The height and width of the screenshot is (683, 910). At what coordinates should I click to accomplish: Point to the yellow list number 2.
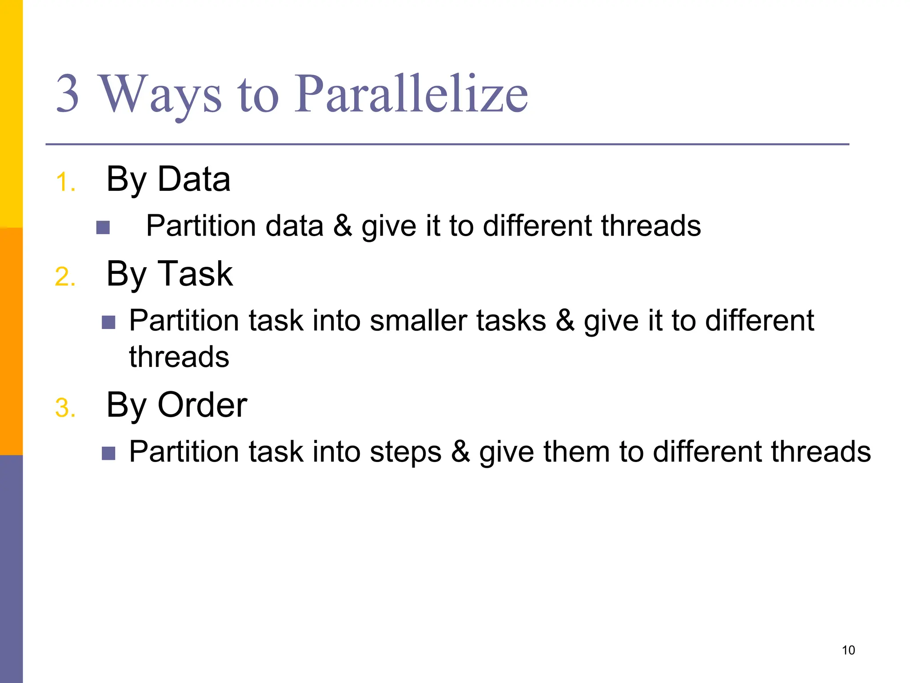point(65,277)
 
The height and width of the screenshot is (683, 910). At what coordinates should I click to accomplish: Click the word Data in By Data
point(194,179)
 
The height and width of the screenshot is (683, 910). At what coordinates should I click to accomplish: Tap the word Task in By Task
point(195,274)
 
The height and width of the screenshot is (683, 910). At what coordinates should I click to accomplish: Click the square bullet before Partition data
point(103,228)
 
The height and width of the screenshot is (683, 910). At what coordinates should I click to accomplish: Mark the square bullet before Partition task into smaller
point(108,322)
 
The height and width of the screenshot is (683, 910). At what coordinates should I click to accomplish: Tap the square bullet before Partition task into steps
point(108,453)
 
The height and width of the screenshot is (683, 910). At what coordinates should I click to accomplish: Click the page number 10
point(848,650)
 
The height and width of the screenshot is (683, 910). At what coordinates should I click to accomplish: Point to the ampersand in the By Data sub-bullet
point(342,226)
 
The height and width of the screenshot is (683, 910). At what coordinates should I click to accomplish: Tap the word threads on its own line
point(179,357)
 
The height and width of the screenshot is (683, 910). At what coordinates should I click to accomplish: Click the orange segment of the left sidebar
point(11,341)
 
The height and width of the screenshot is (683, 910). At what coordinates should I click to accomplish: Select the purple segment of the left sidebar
point(11,569)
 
